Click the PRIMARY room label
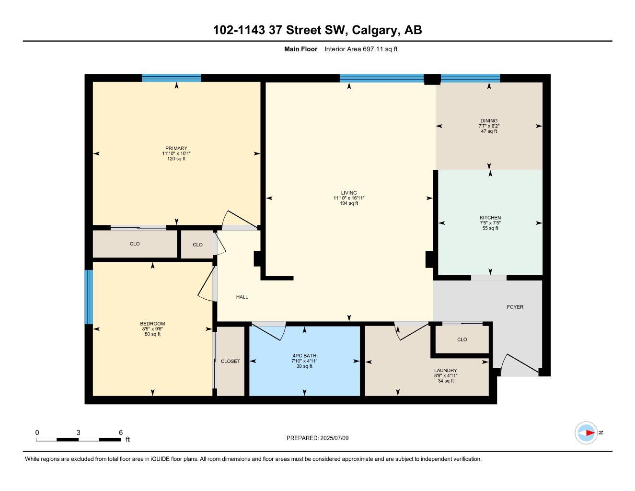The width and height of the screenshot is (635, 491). pyautogui.click(x=176, y=148)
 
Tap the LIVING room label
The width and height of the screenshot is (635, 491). pyautogui.click(x=349, y=193)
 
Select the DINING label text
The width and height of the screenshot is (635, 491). pyautogui.click(x=489, y=121)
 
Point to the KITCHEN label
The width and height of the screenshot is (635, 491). pyautogui.click(x=490, y=218)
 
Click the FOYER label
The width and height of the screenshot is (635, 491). pyautogui.click(x=515, y=307)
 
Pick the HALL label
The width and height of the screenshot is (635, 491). pyautogui.click(x=242, y=297)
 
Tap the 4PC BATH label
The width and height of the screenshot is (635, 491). pyautogui.click(x=304, y=356)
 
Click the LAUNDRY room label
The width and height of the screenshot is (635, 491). pyautogui.click(x=445, y=371)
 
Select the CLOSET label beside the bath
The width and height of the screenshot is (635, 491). pyautogui.click(x=231, y=361)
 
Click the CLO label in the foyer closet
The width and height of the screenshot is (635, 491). pyautogui.click(x=462, y=339)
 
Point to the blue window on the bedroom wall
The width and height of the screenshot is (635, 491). pyautogui.click(x=89, y=297)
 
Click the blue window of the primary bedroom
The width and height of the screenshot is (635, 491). pyautogui.click(x=171, y=78)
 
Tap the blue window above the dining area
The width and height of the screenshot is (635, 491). pyautogui.click(x=470, y=78)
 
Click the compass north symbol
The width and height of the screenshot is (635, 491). pyautogui.click(x=586, y=433)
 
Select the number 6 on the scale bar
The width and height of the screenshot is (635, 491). pyautogui.click(x=121, y=433)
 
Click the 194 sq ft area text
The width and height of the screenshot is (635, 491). pyautogui.click(x=349, y=203)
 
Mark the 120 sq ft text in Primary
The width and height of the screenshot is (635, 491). pyautogui.click(x=176, y=159)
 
